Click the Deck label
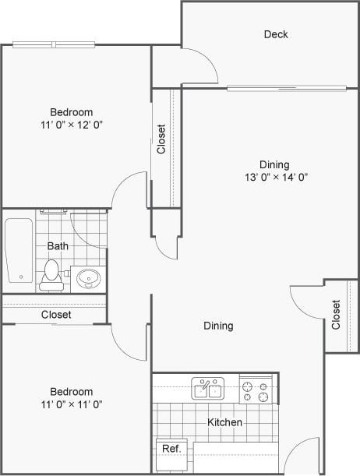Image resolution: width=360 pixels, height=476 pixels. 276,34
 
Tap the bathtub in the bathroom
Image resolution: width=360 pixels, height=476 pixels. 19,250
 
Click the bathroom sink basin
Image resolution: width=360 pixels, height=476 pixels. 88,277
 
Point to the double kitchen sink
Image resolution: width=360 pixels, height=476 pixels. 207,389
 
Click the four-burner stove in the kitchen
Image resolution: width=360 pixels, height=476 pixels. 256,390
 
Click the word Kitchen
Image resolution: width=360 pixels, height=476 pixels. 224,422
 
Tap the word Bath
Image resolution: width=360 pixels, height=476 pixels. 58,246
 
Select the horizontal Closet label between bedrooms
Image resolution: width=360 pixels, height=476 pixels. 56,315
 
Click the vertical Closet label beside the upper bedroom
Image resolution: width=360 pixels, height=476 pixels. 161,140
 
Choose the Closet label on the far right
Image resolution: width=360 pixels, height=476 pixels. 336,315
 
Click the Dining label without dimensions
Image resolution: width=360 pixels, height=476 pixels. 218,326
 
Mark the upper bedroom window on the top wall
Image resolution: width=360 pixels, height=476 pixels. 55,44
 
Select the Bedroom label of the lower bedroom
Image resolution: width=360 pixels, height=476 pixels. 72,391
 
